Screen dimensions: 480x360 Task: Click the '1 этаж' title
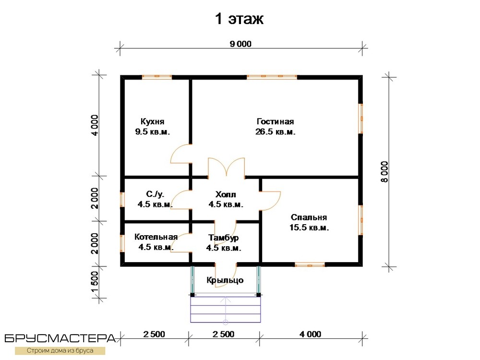point(239,19)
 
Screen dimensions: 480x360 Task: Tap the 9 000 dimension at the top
point(240,44)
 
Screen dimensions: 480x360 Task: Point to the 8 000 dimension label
point(384,172)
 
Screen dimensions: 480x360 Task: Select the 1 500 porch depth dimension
point(95,282)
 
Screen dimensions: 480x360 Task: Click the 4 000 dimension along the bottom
point(311,334)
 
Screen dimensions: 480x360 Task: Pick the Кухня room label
point(153,121)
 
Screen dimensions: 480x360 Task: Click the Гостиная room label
point(275,121)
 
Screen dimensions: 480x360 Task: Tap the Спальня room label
point(309,217)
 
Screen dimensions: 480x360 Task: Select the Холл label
point(226,194)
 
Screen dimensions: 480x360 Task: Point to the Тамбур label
point(224,238)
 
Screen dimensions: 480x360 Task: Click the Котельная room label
point(156,237)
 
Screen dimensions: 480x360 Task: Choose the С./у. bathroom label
point(155,194)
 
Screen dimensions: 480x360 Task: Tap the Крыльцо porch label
point(225,280)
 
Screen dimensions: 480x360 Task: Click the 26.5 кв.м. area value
point(275,132)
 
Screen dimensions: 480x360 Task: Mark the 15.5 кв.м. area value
point(309,228)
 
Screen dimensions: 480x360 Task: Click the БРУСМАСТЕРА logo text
point(60,338)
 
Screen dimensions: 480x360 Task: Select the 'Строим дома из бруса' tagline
point(60,351)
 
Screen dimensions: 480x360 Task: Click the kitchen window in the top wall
point(157,76)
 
